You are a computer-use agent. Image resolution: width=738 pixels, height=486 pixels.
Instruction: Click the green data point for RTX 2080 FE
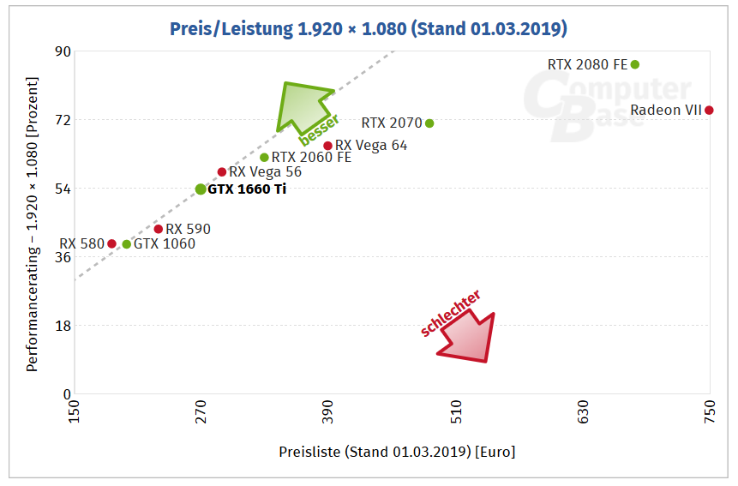tap(635, 64)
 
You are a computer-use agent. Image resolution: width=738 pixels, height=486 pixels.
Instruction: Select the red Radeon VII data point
tap(709, 110)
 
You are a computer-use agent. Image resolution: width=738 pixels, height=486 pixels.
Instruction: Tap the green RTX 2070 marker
tap(429, 123)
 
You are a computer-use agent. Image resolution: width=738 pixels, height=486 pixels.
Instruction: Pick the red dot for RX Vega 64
tap(327, 146)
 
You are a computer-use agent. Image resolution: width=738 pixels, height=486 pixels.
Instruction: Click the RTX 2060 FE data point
tap(264, 158)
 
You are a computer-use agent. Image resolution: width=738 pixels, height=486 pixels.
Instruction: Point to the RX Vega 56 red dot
tap(222, 172)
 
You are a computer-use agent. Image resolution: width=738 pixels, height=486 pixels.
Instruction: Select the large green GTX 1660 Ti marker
tap(201, 189)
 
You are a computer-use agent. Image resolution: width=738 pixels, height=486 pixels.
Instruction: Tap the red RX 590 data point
tap(158, 229)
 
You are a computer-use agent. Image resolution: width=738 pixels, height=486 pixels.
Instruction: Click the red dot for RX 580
tap(111, 243)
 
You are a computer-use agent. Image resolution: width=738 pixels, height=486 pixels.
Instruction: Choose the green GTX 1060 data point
tap(127, 244)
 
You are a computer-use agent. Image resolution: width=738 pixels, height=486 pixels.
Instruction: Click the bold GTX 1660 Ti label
tap(247, 189)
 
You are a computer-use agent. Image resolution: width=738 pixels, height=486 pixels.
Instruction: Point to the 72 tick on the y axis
tap(63, 120)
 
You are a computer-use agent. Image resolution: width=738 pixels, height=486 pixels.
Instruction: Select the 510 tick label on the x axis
tap(456, 411)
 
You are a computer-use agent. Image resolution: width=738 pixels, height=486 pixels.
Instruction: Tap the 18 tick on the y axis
tap(63, 326)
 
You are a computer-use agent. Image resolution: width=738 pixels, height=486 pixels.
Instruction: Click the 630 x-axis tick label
tap(583, 411)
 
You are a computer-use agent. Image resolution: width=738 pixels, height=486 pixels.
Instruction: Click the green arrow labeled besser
tap(303, 107)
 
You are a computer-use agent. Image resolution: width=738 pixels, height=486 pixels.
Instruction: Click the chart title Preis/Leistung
tap(369, 29)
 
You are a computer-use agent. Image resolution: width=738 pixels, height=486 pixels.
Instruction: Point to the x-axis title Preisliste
tap(397, 452)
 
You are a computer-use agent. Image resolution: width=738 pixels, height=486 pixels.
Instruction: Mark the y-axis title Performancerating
tap(32, 225)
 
